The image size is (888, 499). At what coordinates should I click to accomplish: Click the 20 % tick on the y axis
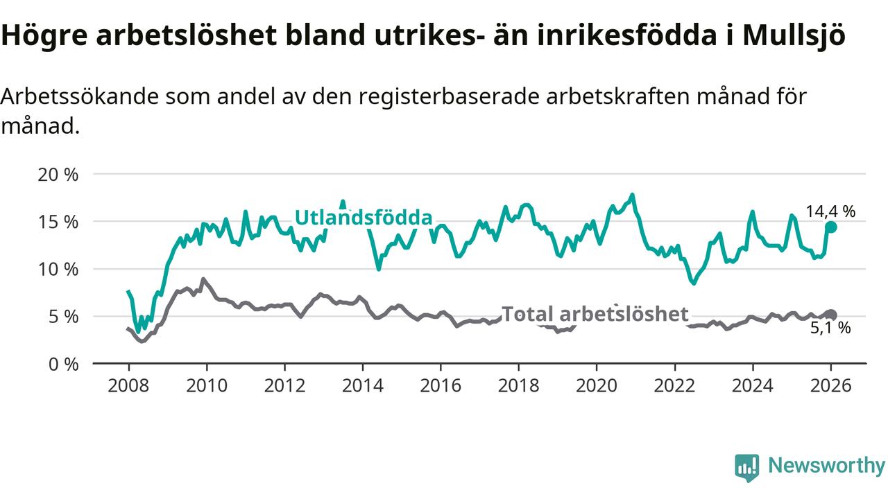[x=58, y=175]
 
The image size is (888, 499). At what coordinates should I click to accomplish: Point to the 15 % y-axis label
[x=58, y=222]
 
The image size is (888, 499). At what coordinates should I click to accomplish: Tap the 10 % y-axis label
[x=58, y=269]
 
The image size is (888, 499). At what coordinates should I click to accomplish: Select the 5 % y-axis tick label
[x=62, y=316]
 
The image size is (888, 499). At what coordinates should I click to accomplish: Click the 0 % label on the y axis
[x=62, y=363]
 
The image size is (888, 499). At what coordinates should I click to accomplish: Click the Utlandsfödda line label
[x=364, y=218]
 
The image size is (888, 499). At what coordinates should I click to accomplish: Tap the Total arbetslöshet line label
[x=595, y=314]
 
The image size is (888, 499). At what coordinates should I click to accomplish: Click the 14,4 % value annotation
[x=830, y=211]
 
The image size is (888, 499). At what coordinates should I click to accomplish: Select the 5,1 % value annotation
[x=830, y=329]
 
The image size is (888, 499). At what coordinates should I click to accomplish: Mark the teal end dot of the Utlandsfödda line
[x=831, y=227]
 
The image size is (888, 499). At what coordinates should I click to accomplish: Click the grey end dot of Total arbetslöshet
[x=831, y=315]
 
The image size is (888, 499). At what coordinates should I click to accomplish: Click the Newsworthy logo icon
[x=747, y=468]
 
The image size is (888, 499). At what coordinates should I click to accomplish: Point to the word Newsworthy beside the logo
[x=826, y=466]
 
